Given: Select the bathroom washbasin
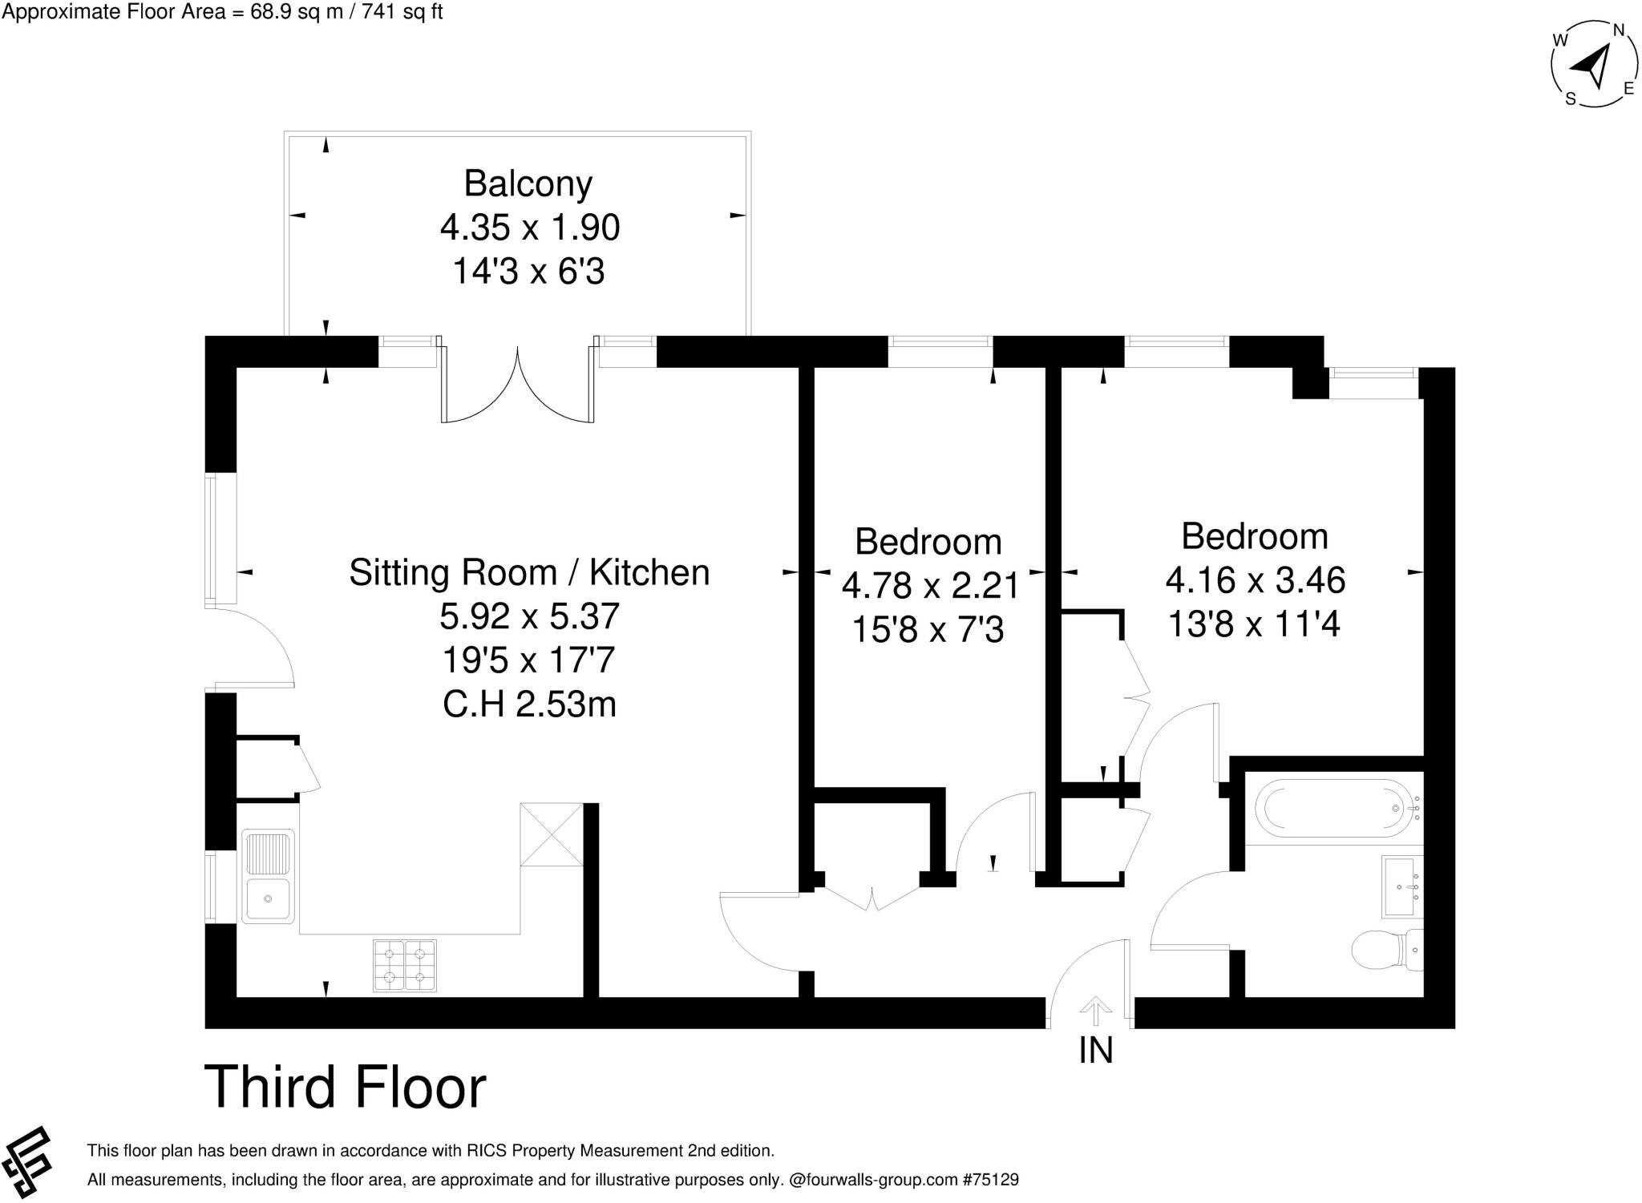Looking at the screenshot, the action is click(1402, 886).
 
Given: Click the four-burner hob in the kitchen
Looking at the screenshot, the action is click(405, 965).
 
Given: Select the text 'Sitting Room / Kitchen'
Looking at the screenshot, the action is click(529, 572).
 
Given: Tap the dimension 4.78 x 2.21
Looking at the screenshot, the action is click(930, 585).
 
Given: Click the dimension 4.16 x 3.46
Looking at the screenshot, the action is click(1256, 579).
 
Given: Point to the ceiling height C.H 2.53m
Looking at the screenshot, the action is click(529, 704).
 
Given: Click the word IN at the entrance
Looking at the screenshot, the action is click(1096, 1050).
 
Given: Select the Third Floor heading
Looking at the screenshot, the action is click(346, 1087).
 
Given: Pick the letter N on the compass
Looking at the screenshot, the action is click(1619, 30).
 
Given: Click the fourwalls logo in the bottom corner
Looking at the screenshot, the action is click(26, 1165).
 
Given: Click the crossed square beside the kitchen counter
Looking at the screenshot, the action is click(552, 834).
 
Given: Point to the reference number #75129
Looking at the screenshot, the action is click(990, 1180).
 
